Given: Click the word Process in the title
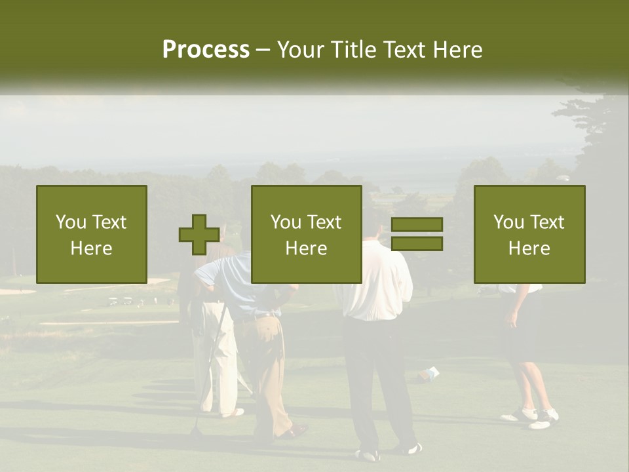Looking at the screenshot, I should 206,50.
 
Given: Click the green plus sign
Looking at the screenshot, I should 199,235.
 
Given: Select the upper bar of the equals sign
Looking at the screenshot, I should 417,224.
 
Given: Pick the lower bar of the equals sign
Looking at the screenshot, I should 417,244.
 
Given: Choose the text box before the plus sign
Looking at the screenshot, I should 92,234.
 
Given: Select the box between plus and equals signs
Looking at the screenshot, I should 307,234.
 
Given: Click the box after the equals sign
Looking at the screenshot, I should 529,234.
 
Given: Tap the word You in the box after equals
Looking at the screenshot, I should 508,222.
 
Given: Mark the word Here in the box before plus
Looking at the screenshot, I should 92,248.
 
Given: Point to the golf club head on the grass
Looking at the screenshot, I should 195,432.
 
